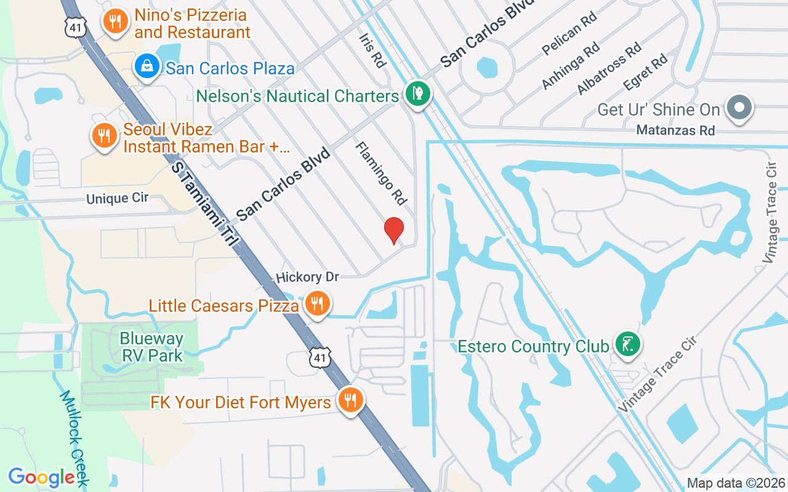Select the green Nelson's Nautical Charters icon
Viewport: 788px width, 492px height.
pos(418,94)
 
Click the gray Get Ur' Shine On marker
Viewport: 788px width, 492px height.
pos(739,108)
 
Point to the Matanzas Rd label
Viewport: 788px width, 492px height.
pos(675,130)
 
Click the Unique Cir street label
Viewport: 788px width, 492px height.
pos(117,199)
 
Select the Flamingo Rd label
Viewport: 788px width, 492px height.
pos(382,173)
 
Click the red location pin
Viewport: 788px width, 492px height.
pos(394,231)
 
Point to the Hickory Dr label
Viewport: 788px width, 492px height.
pos(308,277)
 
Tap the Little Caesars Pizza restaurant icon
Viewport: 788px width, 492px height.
pos(317,303)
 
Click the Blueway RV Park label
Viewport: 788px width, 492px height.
pos(152,347)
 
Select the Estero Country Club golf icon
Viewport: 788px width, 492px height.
pos(627,344)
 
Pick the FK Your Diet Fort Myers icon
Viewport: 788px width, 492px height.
pos(350,400)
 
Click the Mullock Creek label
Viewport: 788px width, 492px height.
pos(74,438)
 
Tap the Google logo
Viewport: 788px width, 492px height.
pos(41,477)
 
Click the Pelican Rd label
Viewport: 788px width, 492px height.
pos(569,41)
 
